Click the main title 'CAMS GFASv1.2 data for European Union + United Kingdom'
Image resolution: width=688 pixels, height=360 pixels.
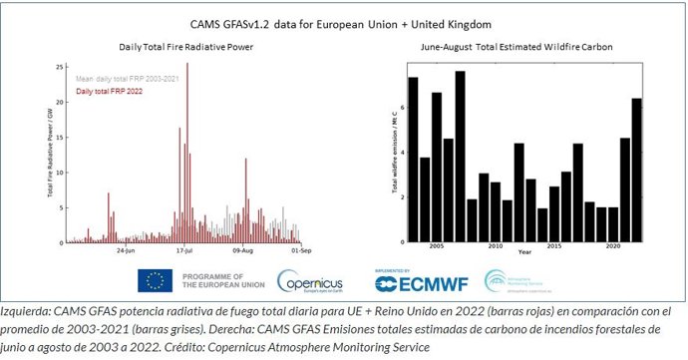pyautogui.click(x=345, y=21)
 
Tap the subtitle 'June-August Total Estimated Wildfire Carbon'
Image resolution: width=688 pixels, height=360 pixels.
pyautogui.click(x=516, y=47)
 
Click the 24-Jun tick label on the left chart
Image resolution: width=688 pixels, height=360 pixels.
pyautogui.click(x=126, y=251)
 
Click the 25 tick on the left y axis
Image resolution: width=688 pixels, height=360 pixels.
pyautogui.click(x=60, y=66)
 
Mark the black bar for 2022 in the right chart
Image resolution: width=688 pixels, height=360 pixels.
pyautogui.click(x=637, y=170)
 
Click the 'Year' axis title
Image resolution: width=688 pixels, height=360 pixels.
pyautogui.click(x=524, y=253)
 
